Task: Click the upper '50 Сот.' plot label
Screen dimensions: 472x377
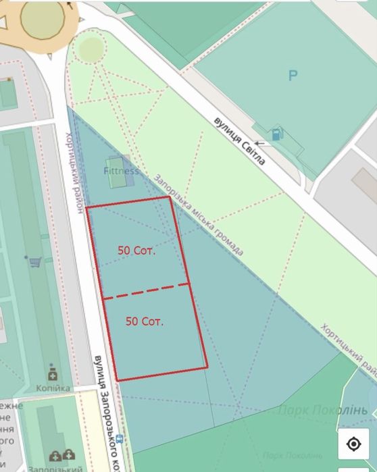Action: click(x=136, y=250)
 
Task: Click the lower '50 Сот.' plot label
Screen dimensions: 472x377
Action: click(x=145, y=321)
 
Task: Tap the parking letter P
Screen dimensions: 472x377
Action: click(x=293, y=76)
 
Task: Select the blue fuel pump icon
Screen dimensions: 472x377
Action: click(x=277, y=134)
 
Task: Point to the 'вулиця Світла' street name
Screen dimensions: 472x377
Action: click(x=238, y=140)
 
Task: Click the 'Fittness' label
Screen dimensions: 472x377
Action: click(x=122, y=171)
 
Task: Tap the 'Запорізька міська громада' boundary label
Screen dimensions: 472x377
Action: click(x=199, y=215)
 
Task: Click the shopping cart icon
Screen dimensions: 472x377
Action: click(x=34, y=261)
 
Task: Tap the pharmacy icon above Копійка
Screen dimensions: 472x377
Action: click(x=52, y=373)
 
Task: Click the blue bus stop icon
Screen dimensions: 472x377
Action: click(x=120, y=438)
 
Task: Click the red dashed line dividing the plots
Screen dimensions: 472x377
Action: click(x=146, y=291)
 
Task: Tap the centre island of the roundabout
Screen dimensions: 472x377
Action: click(x=42, y=18)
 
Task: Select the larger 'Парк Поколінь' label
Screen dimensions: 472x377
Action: click(x=322, y=410)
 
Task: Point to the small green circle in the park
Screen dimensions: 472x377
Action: click(x=90, y=48)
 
